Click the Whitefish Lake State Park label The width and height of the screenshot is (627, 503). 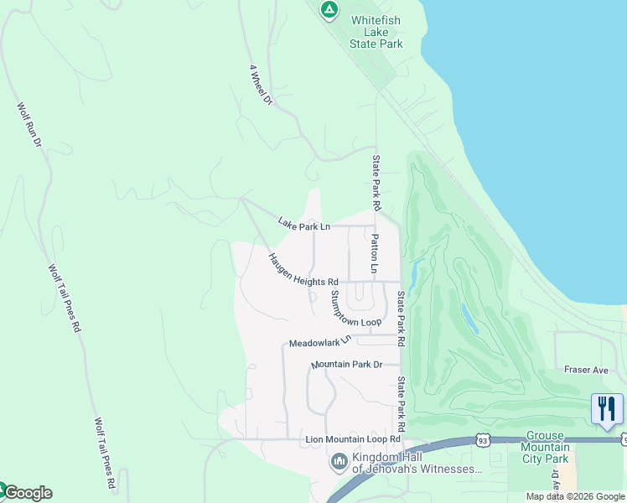click(x=377, y=31)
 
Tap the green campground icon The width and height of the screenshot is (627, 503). click(x=329, y=10)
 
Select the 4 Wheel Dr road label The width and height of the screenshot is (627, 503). click(x=262, y=86)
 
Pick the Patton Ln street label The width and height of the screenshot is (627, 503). click(x=375, y=255)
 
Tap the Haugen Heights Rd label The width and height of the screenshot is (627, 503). click(x=303, y=270)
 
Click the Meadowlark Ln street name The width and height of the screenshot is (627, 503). click(x=319, y=343)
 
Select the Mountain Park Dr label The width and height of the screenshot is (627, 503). click(x=346, y=365)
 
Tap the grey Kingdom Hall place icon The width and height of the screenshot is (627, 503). click(x=339, y=462)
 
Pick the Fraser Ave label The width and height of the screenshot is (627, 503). click(x=586, y=370)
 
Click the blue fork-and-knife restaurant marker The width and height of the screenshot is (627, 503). click(x=607, y=410)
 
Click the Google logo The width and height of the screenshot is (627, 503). click(x=28, y=493)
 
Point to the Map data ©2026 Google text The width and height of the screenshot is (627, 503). click(x=574, y=496)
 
